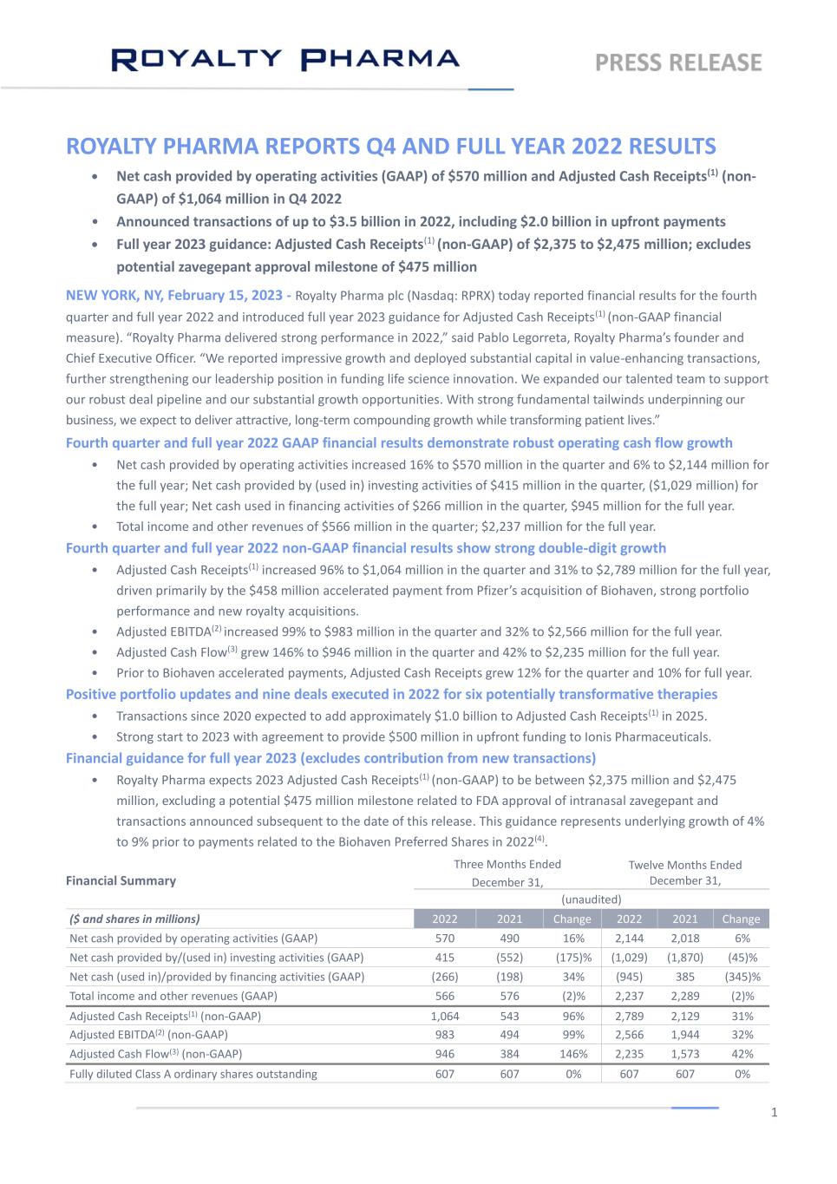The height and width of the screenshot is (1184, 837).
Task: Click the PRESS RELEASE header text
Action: point(678,62)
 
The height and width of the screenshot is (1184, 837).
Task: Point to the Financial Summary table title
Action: point(121,880)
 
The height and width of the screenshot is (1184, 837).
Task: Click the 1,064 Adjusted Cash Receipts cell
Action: point(445,1016)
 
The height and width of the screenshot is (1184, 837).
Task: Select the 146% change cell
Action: point(572,1054)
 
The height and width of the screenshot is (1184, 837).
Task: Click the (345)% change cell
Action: point(741,977)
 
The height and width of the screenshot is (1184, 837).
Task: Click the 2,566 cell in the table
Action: point(629,1035)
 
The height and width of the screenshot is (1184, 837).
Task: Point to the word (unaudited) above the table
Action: point(592,899)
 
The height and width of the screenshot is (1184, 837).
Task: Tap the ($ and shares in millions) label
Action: point(134,919)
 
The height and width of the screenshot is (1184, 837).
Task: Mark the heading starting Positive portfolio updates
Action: point(391,694)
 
